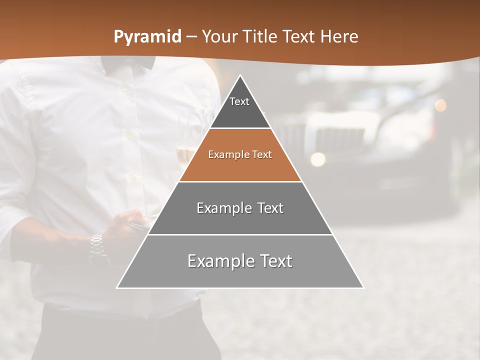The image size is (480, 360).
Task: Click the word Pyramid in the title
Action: pyautogui.click(x=147, y=37)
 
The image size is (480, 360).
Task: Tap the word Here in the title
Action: pyautogui.click(x=339, y=36)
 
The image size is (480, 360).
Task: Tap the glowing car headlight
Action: pyautogui.click(x=317, y=159)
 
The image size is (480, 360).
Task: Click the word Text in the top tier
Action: pyautogui.click(x=239, y=101)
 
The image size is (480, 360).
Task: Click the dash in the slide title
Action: pyautogui.click(x=191, y=37)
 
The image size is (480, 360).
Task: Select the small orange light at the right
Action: pyautogui.click(x=440, y=105)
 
